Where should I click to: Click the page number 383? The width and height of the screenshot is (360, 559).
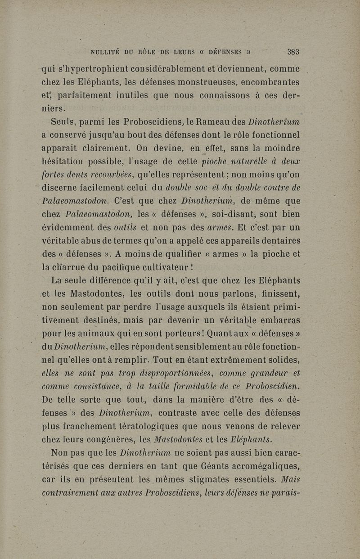tap(293, 52)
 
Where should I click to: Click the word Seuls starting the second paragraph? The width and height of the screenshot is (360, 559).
tap(63, 122)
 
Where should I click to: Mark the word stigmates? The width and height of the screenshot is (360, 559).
tap(171, 479)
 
